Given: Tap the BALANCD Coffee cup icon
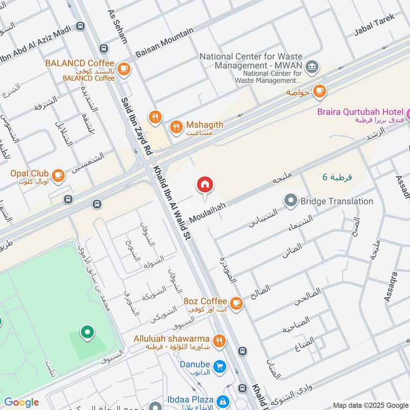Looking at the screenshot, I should click(x=124, y=68).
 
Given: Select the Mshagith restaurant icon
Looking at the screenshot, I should click(x=176, y=126).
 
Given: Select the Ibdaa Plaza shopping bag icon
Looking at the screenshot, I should click(x=222, y=401).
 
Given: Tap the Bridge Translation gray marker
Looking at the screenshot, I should click(x=291, y=201).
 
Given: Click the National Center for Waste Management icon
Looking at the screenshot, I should click(x=311, y=67).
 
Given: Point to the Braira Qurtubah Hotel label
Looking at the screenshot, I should click(x=358, y=111).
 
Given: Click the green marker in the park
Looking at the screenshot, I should click(x=87, y=334).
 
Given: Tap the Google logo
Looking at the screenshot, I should click(x=21, y=402).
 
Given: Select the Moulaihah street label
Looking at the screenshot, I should click(x=208, y=211).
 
